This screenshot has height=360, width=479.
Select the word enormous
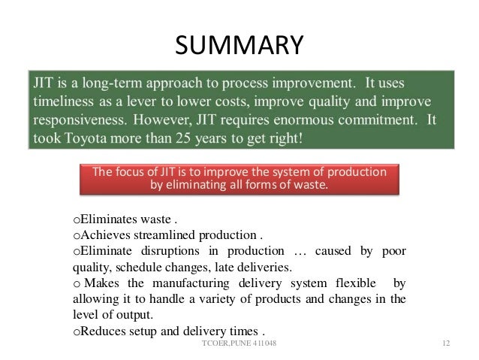(x=295, y=119)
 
